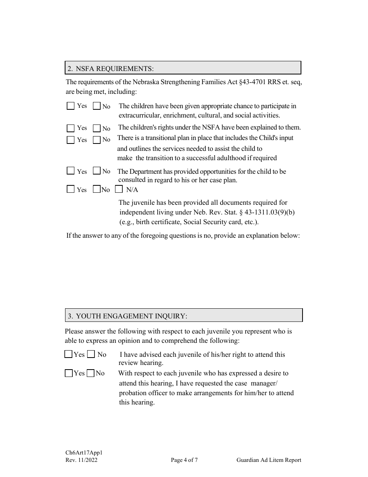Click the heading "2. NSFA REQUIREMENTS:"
coord(110,69)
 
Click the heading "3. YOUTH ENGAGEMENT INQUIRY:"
coord(127,316)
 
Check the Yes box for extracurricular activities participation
coord(71,106)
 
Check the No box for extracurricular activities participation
coord(97,106)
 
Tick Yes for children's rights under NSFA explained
coord(71,128)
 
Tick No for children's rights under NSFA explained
coord(97,128)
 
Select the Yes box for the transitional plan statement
coord(71,140)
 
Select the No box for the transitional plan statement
coord(97,140)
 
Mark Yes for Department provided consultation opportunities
coord(71,171)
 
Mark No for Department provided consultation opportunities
coord(97,171)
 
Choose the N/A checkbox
coord(119,189)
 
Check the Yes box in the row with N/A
coord(71,189)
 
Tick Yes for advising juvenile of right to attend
coord(69,354)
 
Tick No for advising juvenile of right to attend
coord(91,354)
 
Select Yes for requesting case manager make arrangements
coord(69,373)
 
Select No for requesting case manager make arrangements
coord(91,373)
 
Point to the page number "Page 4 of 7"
coord(184,460)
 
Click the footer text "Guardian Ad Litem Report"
coord(269,460)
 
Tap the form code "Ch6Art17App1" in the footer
coord(84,453)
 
